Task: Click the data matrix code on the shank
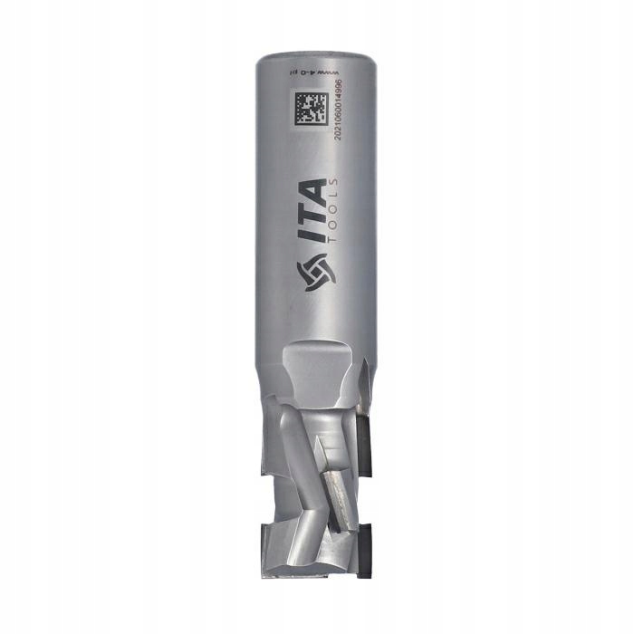click(310, 108)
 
